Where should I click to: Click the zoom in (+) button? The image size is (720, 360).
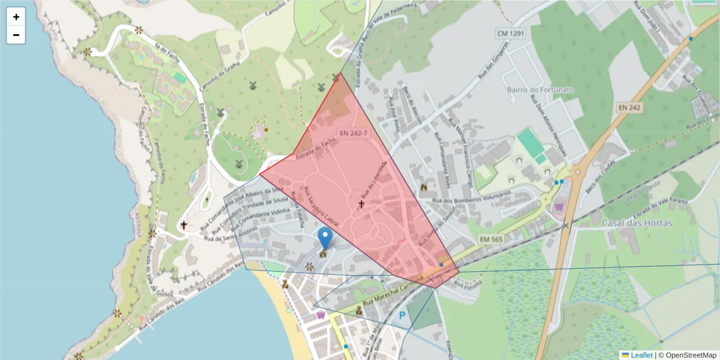point(16,17)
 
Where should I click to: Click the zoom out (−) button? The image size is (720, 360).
point(16,35)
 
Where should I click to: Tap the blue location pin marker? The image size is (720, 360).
point(325,238)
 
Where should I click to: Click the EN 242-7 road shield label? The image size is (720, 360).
point(353,134)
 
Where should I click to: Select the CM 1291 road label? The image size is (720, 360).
point(511,33)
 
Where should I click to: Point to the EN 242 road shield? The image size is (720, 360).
point(629,107)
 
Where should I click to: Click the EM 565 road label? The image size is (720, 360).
point(490,239)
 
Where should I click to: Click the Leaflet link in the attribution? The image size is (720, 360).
point(641,355)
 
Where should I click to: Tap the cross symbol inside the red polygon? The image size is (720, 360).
point(361,205)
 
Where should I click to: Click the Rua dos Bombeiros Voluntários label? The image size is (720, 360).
point(471,197)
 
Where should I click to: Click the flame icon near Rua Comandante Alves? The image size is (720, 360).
point(424,187)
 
